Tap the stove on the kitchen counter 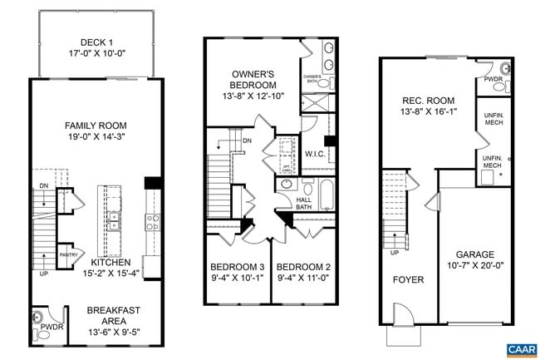coord(153,221)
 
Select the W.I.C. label coord(314,154)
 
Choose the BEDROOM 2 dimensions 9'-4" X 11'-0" coord(304,279)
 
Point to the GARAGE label coord(474,254)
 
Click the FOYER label coord(408,279)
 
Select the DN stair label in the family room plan coord(43,185)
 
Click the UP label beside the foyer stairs coord(394,253)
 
